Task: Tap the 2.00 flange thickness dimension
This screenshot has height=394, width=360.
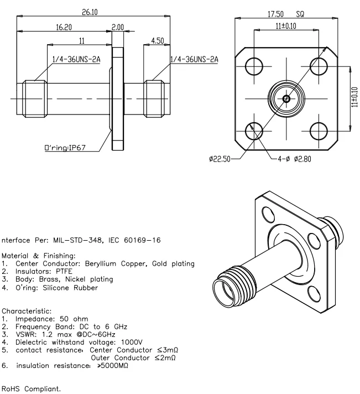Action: click(118, 26)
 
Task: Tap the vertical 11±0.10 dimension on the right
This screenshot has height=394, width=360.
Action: click(354, 98)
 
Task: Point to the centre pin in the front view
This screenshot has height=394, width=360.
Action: click(286, 98)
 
